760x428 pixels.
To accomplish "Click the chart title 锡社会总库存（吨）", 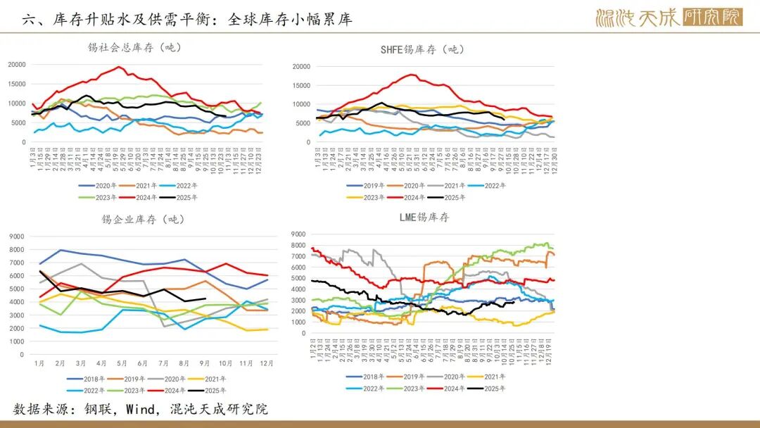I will [134, 47].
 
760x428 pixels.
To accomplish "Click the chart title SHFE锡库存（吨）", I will [422, 49].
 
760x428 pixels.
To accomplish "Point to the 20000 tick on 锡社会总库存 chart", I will [17, 65].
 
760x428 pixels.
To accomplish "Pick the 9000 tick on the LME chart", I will [297, 234].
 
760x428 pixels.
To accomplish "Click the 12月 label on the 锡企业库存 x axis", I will [267, 363].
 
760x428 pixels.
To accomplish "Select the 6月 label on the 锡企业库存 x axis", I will [143, 363].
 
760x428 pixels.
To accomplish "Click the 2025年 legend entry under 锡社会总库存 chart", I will [186, 198].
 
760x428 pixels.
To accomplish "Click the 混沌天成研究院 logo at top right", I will [669, 17].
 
